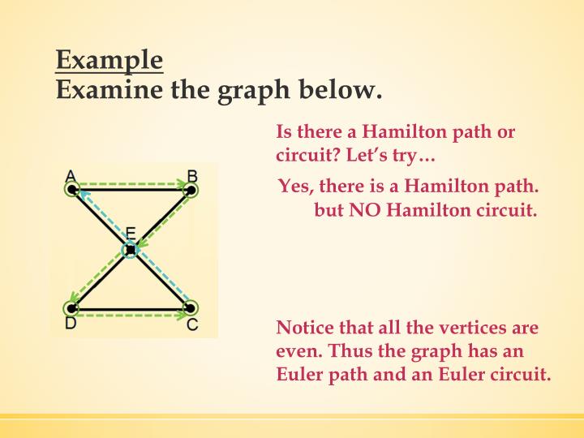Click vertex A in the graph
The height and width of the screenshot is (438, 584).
[x=71, y=190]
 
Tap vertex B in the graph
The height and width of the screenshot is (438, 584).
[x=191, y=190]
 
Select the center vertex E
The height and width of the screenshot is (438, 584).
[x=131, y=250]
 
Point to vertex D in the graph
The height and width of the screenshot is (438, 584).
[x=71, y=308]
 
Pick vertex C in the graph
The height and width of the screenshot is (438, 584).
[x=191, y=308]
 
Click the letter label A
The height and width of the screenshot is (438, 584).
[x=71, y=175]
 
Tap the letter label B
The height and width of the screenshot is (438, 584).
[x=192, y=175]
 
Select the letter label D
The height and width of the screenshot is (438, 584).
[x=71, y=324]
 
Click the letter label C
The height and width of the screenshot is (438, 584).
[x=192, y=324]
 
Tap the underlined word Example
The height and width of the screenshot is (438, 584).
[x=109, y=60]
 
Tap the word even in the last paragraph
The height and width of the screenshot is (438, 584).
[x=296, y=352]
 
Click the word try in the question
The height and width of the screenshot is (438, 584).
[x=419, y=153]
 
